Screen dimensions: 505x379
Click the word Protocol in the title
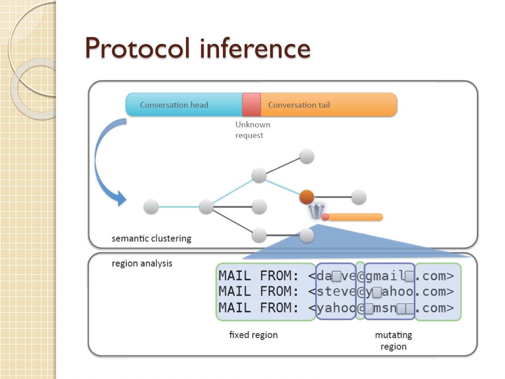coord(138,48)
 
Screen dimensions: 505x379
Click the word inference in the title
coord(255,48)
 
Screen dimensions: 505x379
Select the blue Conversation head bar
coord(184,105)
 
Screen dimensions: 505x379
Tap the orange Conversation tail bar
coord(329,105)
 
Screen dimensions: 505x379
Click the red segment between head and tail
coord(252,105)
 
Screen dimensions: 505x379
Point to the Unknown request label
coord(253,130)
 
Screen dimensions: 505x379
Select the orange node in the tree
coord(307,197)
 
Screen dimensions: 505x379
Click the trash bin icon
coord(316,211)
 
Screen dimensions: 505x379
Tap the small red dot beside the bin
coord(325,217)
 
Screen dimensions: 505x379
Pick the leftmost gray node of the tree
coord(151,207)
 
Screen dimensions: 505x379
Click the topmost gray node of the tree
coord(307,156)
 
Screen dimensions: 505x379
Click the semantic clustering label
coord(151,238)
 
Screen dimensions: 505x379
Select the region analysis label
coord(142,264)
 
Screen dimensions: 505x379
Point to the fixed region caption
coord(253,335)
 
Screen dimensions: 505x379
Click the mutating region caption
coord(394,341)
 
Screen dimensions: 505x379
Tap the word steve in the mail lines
coord(336,291)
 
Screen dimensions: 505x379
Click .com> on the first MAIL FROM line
coord(434,276)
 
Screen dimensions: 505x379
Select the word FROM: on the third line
coord(280,308)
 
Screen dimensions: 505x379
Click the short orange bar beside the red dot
coord(356,217)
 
